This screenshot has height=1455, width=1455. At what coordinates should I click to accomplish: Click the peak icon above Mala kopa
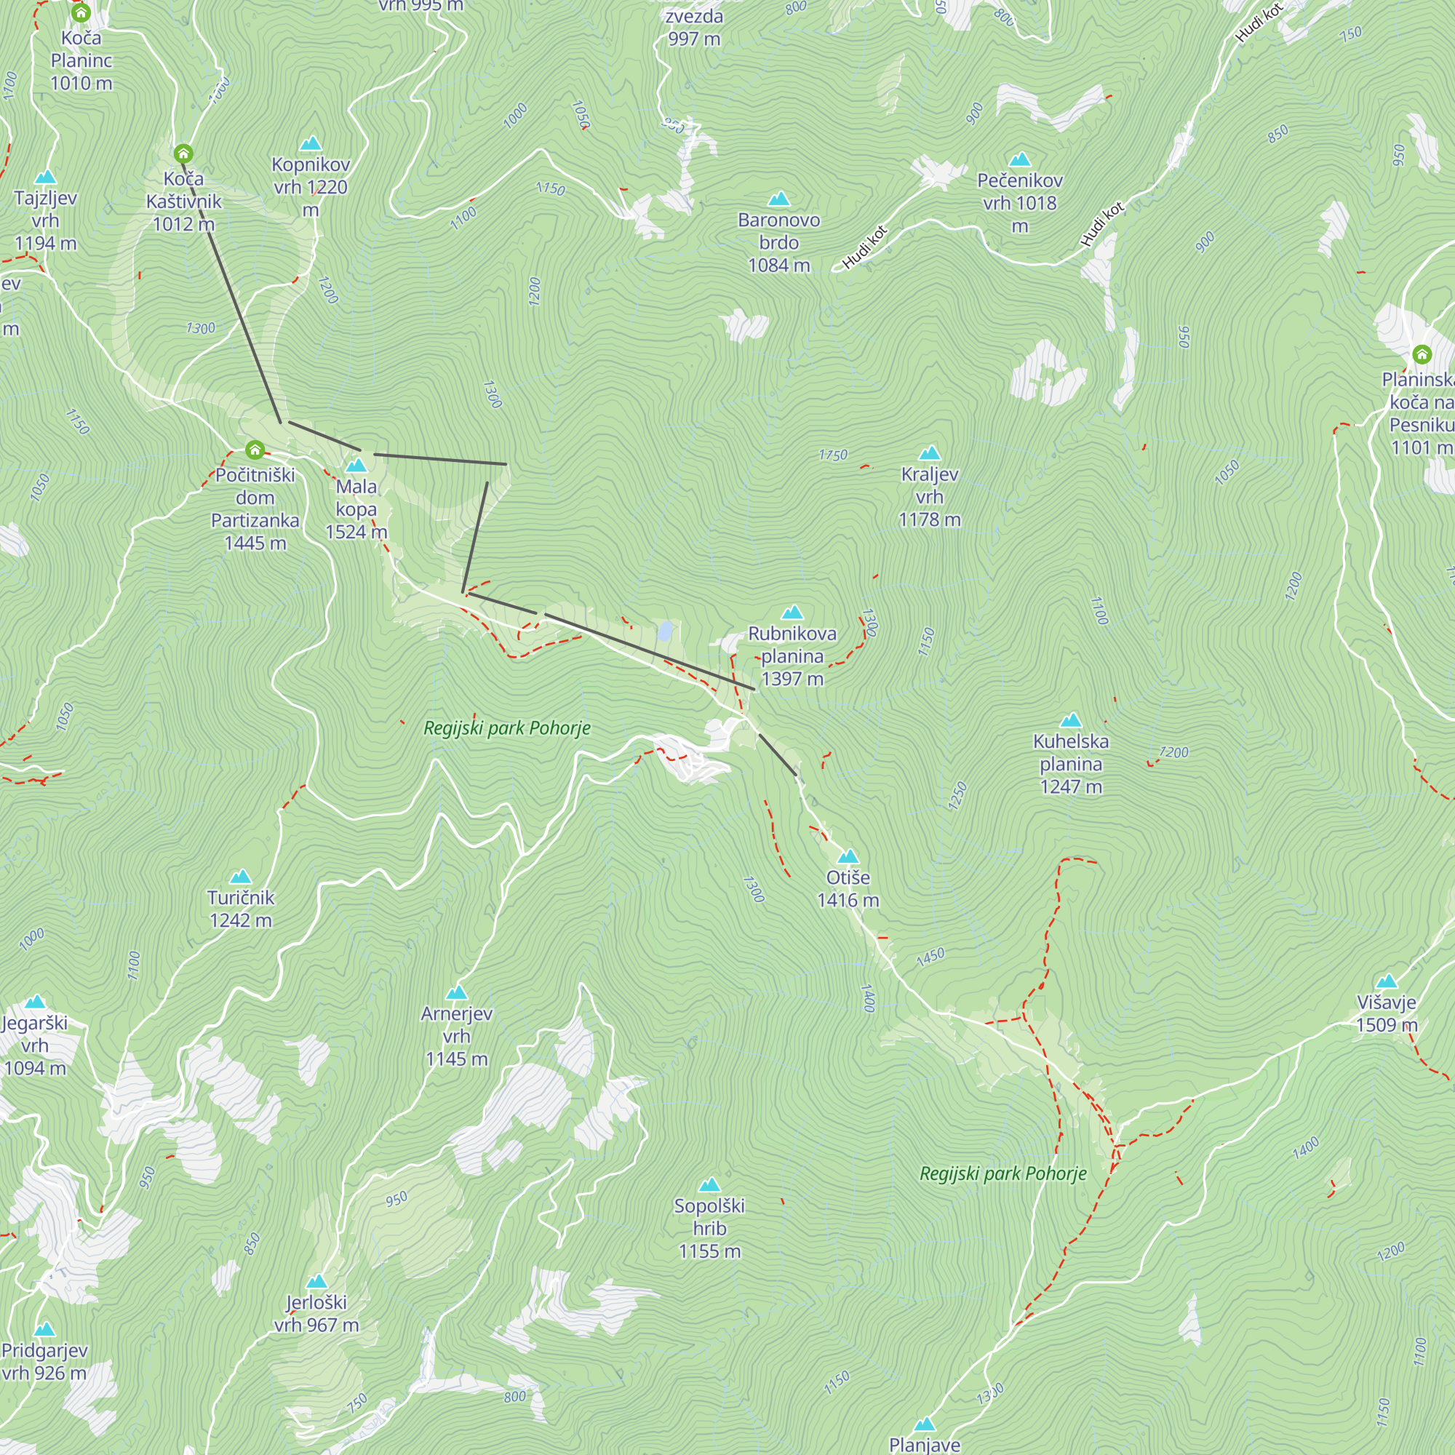(356, 466)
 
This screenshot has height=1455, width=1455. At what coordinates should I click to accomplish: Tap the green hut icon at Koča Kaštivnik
(183, 154)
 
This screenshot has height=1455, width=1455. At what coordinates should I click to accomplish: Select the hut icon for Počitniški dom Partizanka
(255, 450)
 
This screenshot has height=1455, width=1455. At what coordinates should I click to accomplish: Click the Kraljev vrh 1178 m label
(929, 496)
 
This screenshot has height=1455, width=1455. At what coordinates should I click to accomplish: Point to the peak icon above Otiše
(848, 856)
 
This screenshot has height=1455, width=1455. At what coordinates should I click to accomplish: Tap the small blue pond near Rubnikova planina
(664, 631)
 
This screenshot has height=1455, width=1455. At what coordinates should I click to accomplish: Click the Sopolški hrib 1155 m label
(709, 1227)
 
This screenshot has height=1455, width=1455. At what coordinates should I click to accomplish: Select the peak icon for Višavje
(1387, 981)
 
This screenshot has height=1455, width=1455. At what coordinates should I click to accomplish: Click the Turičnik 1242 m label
(240, 908)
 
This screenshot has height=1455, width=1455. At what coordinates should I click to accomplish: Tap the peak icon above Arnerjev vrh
(456, 992)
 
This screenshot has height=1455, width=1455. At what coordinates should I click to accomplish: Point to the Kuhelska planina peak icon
(1070, 721)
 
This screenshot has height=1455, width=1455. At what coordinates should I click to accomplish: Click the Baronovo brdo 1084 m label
(778, 242)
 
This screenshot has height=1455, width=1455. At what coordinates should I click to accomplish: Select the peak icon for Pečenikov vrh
(1019, 159)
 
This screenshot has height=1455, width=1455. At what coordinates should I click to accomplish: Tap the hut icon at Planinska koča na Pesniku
(1421, 354)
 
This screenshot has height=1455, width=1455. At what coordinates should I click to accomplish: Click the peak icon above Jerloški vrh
(316, 1281)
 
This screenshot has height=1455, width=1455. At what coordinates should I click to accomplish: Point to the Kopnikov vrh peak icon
(311, 143)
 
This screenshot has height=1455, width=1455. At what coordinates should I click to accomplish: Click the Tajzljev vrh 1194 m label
(45, 220)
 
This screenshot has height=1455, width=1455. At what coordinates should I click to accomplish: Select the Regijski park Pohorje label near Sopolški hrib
(1002, 1173)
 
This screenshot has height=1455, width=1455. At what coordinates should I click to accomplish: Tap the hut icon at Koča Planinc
(81, 13)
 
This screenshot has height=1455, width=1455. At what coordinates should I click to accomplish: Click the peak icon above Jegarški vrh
(35, 1002)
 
